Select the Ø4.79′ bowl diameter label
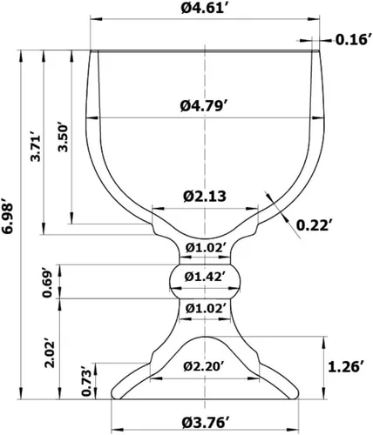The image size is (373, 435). (205, 106)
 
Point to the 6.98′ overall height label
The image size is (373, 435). (7, 216)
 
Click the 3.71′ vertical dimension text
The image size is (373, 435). (37, 147)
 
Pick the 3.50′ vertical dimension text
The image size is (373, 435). (63, 138)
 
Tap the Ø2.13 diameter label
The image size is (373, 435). (205, 197)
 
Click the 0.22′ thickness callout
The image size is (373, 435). (314, 225)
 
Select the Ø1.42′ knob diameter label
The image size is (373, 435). (205, 277)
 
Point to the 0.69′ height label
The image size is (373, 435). (47, 284)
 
